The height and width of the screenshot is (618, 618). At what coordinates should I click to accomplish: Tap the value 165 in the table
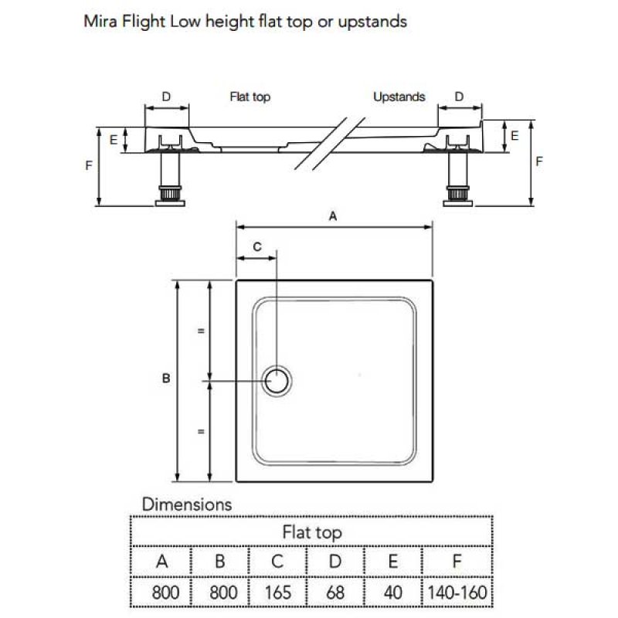[x=277, y=593]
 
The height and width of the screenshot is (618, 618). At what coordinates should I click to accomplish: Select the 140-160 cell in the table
[x=457, y=593]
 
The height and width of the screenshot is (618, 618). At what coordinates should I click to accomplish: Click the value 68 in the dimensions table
[x=335, y=593]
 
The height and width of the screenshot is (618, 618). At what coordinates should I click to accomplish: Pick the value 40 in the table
[x=392, y=593]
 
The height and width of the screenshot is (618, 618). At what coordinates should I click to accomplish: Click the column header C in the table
[x=277, y=562]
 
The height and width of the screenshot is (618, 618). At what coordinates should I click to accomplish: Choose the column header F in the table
[x=457, y=562]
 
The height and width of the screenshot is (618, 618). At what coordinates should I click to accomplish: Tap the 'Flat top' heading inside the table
[x=311, y=532]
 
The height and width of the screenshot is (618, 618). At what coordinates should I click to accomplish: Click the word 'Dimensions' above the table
[x=187, y=504]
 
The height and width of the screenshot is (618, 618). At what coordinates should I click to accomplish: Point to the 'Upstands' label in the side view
[x=399, y=97]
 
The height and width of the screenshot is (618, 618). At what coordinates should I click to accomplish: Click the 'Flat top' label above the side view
[x=250, y=97]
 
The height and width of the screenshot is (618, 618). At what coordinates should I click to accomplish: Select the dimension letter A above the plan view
[x=333, y=217]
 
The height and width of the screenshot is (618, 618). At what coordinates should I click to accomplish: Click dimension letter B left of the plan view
[x=165, y=379]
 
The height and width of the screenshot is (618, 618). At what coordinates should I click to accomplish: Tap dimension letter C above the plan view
[x=258, y=246]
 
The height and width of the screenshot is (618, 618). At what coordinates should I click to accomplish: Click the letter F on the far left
[x=90, y=165]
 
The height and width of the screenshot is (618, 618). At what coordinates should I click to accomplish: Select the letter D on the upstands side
[x=459, y=97]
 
